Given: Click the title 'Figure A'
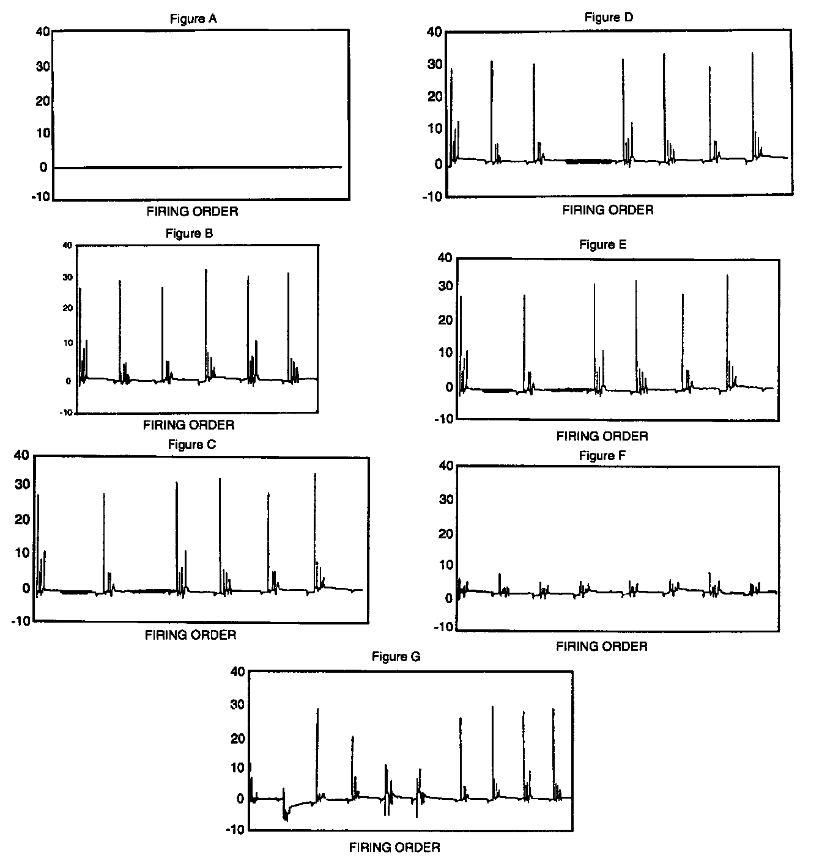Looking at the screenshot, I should [x=193, y=19].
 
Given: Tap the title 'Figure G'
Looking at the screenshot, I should [x=396, y=657].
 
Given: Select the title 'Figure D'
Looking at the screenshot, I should [x=609, y=17].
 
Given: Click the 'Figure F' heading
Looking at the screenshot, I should [x=602, y=456].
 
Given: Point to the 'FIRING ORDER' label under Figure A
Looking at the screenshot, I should [x=192, y=211].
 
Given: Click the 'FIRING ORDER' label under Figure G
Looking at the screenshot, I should [x=394, y=848].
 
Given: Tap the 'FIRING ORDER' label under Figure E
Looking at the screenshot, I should [x=602, y=436].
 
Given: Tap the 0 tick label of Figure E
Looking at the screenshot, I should [x=449, y=387].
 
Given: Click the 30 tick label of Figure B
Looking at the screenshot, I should [x=67, y=277].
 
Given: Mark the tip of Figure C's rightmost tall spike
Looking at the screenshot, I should [x=315, y=474].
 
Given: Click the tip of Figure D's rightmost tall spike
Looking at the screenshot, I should [x=752, y=53].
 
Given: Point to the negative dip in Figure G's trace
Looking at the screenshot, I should [x=286, y=816].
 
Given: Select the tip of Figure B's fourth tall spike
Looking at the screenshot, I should [x=206, y=269].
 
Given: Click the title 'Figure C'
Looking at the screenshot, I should [x=192, y=445].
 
